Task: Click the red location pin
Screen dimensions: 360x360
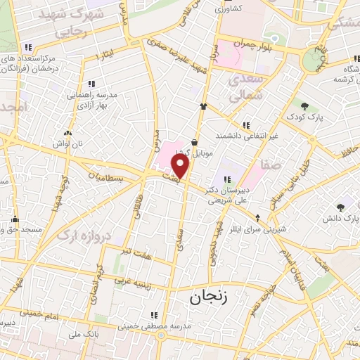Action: point(181,166)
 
